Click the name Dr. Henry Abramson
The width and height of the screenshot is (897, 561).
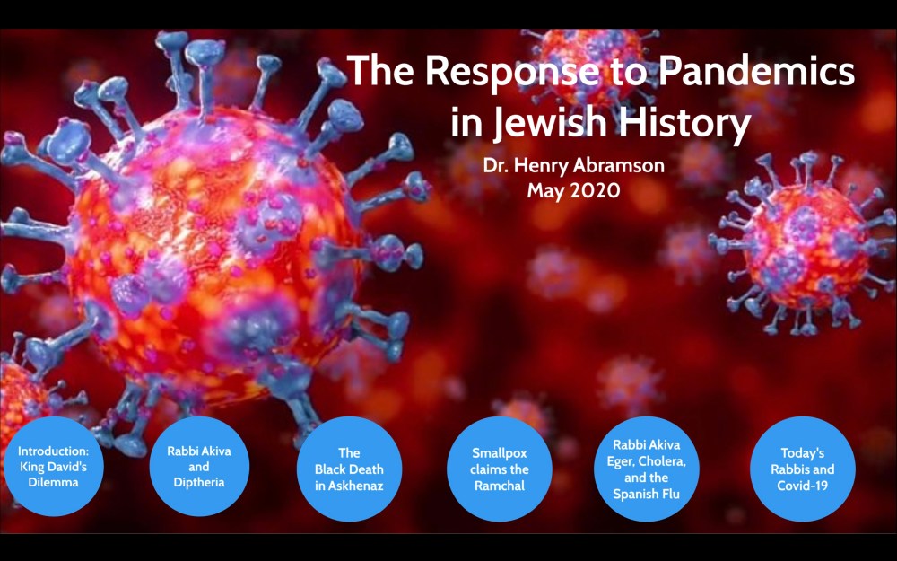[x=573, y=165]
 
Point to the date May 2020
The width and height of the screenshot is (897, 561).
[x=573, y=190]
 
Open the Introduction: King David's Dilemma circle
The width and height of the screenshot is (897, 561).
[x=53, y=466]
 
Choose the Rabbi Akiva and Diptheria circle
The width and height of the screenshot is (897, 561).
[x=199, y=466]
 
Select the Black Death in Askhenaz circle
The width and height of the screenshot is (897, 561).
[x=349, y=469]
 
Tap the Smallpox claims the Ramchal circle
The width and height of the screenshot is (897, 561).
[x=499, y=469]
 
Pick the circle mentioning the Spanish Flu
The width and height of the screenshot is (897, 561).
[x=647, y=469]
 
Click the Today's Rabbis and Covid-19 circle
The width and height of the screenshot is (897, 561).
[x=803, y=469]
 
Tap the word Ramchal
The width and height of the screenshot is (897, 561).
[x=499, y=486]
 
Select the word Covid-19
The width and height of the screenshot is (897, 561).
[x=802, y=486]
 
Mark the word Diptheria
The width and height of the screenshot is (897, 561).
[x=198, y=482]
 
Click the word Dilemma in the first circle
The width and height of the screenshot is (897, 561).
[x=53, y=482]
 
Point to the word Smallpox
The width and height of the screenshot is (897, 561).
[x=499, y=452]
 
